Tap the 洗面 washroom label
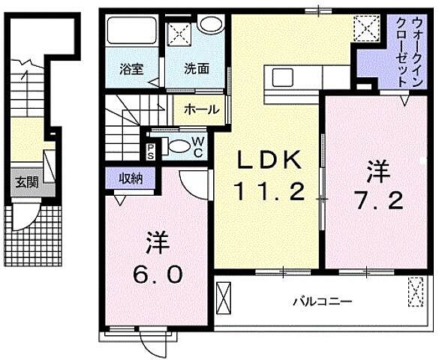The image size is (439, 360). (x=197, y=67)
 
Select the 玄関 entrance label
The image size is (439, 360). (x=29, y=182)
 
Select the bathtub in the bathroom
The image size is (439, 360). (x=131, y=32)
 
